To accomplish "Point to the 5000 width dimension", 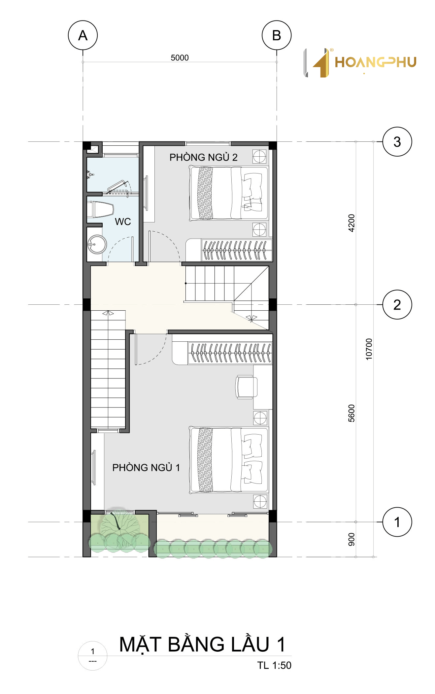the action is pos(180,58).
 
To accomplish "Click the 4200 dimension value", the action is pos(351,223).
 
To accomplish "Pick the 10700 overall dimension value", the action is pos(369,349).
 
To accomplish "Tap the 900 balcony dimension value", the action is pos(351,539).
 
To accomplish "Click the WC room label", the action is pos(123,221).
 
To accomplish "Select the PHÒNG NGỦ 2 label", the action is pos(203,157).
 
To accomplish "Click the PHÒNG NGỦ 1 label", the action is pos(146,467).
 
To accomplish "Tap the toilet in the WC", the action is pos(100,209).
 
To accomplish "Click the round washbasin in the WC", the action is pos(97,244).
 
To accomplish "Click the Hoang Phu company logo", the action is pos(360,63).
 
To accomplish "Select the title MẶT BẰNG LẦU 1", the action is pos(202,644).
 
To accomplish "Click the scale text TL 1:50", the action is pos(274,665).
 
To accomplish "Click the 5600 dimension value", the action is pos(351,413).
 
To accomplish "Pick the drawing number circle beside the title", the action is pos(93,656).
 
